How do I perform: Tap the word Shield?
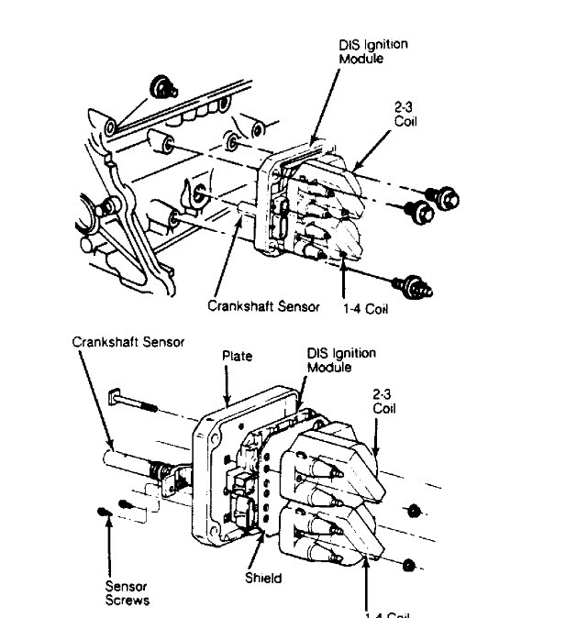coord(263,579)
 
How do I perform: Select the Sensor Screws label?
coord(128,592)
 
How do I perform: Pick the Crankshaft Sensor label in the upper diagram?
coord(263,306)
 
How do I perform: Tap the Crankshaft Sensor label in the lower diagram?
coord(128,341)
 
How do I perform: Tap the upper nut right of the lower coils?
coord(415,509)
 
